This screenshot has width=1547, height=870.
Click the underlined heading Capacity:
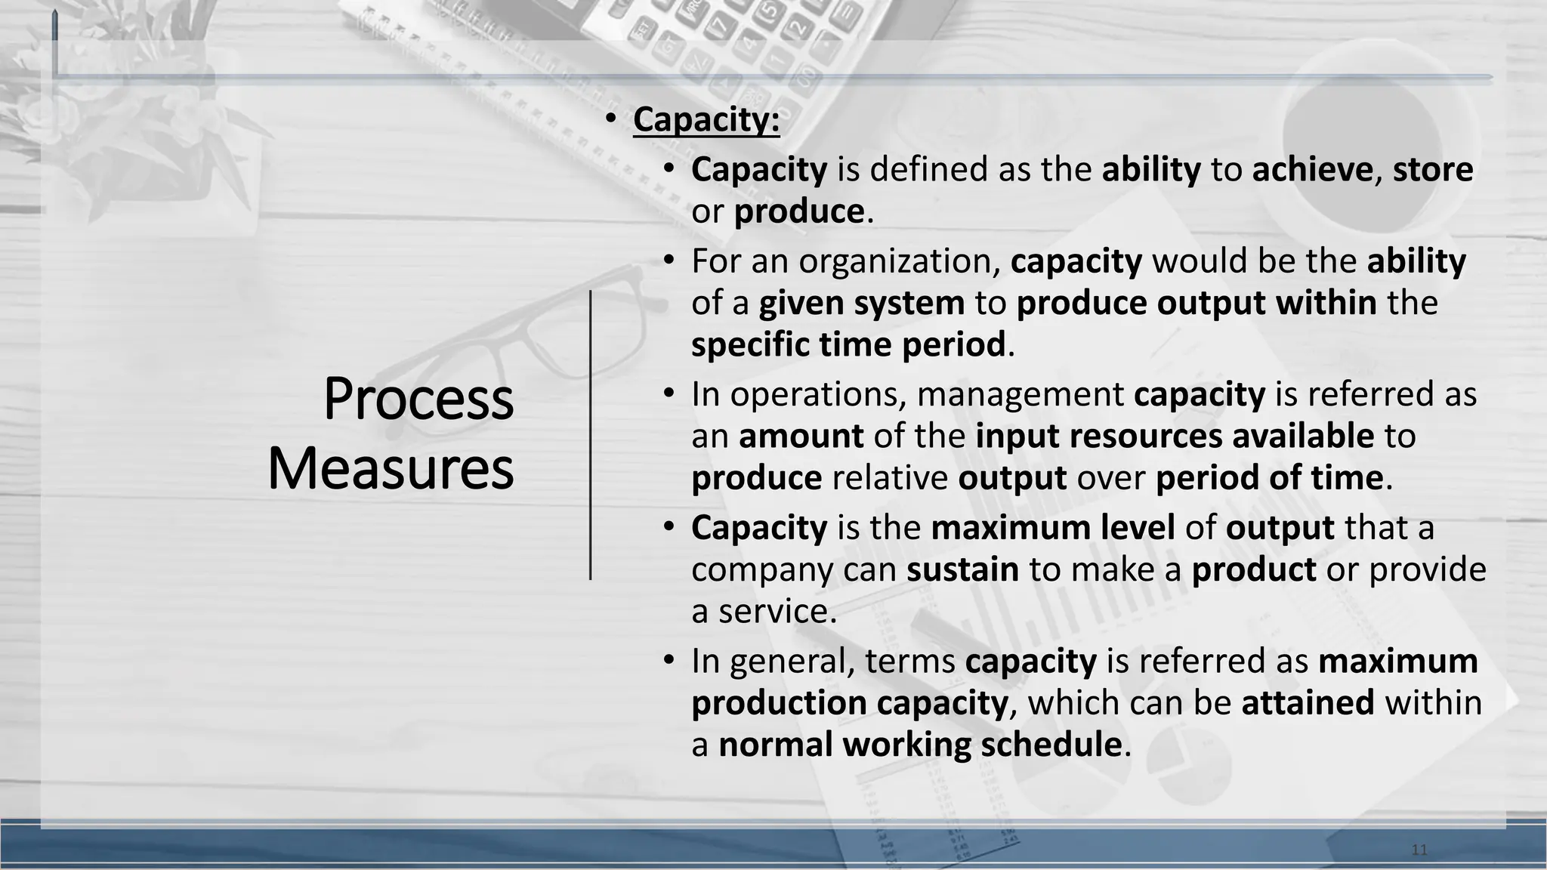(706, 120)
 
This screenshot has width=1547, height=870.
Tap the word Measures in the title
(391, 468)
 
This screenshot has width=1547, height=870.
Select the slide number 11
(1419, 850)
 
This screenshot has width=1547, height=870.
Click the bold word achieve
(1311, 169)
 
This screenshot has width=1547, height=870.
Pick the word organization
(899, 261)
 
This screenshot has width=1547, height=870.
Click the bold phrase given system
(861, 304)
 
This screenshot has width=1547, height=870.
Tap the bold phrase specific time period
(848, 345)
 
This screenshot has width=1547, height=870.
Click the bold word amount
(801, 437)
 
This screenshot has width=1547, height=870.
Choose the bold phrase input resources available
(1174, 437)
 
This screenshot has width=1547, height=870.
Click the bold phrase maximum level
(1052, 528)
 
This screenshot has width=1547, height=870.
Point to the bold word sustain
(962, 569)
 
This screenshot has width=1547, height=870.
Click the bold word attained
(1307, 703)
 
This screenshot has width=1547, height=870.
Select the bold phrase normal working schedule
(919, 745)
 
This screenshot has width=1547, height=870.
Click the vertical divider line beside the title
(591, 435)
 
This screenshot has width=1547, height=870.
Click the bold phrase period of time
(1269, 478)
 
